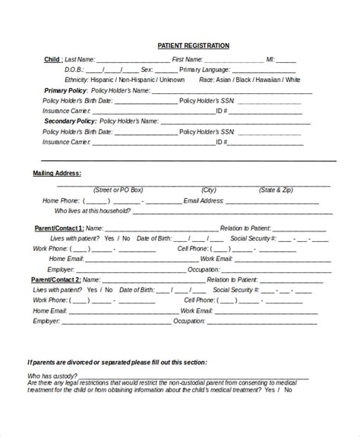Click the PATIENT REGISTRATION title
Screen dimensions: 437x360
[x=193, y=46]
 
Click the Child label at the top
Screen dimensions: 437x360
[x=53, y=58]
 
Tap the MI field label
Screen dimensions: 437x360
[x=271, y=58]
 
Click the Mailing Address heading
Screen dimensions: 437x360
[x=57, y=174]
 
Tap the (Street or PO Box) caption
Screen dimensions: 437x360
[x=119, y=190]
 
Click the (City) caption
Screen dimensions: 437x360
[x=208, y=190]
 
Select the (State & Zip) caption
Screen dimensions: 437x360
[x=276, y=190]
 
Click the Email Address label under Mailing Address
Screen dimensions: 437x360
[x=204, y=201]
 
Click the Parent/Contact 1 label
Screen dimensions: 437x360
[x=58, y=228]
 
